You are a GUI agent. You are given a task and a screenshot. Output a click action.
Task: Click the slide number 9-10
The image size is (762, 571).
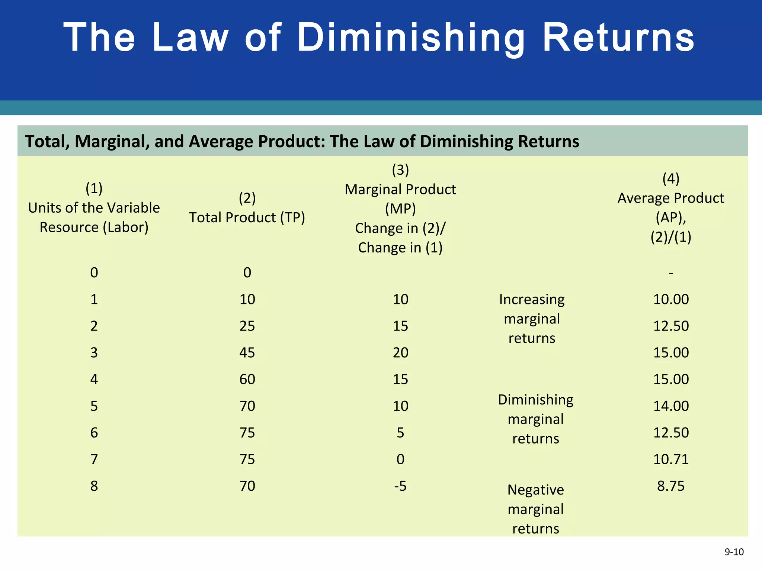click(x=734, y=552)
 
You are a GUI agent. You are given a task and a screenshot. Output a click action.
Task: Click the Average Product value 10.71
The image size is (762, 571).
click(x=671, y=459)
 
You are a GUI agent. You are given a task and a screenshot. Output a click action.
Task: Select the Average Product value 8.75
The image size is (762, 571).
click(x=670, y=486)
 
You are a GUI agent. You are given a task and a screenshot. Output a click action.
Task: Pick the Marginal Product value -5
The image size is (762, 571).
click(x=400, y=486)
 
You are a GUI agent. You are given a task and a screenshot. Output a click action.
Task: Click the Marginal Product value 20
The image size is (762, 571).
click(x=400, y=352)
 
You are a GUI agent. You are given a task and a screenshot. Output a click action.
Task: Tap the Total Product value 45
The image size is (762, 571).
click(x=247, y=352)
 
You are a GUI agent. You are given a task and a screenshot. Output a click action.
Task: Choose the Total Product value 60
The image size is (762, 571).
click(x=247, y=379)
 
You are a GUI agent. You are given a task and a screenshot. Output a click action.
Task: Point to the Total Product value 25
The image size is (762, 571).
click(x=247, y=326)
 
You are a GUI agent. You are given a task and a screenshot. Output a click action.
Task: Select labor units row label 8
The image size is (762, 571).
click(x=94, y=486)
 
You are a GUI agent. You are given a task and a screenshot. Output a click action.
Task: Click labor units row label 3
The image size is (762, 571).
click(x=94, y=352)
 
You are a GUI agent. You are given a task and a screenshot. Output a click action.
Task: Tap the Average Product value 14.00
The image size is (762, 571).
click(x=671, y=406)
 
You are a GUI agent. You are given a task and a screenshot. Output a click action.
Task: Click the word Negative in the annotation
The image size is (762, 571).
click(x=535, y=490)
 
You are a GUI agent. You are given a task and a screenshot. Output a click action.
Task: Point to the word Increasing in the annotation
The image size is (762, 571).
click(x=532, y=299)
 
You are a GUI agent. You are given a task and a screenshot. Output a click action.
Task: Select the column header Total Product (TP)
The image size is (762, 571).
click(x=247, y=217)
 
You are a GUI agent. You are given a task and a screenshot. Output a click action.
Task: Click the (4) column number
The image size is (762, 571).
click(x=671, y=179)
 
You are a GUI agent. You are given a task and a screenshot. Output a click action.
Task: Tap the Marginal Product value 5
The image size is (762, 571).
click(x=400, y=433)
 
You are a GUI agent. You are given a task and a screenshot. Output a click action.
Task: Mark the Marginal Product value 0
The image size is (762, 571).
click(x=400, y=459)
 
